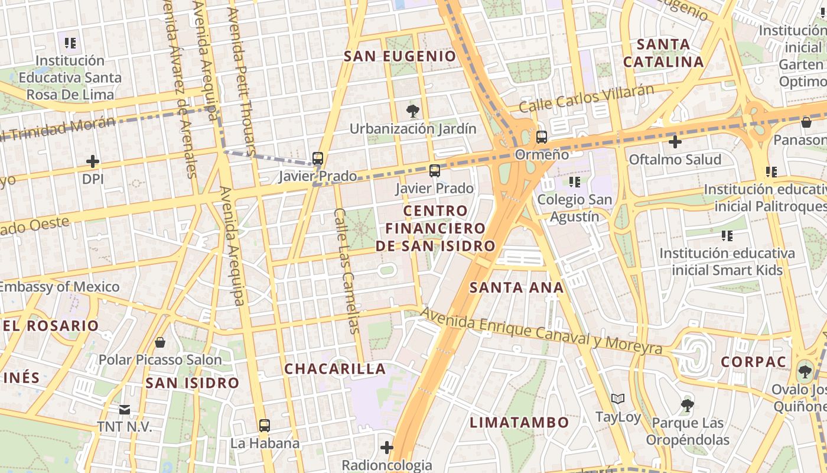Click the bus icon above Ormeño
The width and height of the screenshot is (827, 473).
tap(541, 137)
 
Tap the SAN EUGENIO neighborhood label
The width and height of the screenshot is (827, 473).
tap(400, 56)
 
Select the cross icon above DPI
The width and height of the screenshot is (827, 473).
tap(93, 161)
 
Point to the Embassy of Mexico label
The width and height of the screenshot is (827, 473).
tap(60, 287)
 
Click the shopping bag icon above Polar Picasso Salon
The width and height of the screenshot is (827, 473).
tap(159, 342)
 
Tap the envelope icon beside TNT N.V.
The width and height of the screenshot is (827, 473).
tap(125, 409)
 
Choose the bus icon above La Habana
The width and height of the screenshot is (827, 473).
tap(265, 425)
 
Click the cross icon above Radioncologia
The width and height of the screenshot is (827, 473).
tap(387, 448)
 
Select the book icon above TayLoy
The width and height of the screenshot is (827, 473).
tap(618, 399)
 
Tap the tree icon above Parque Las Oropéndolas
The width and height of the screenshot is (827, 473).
tap(687, 406)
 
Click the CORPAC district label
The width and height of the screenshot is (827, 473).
tap(753, 362)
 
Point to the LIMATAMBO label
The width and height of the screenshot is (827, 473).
tap(519, 422)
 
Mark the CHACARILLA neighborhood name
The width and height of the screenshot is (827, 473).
tap(335, 369)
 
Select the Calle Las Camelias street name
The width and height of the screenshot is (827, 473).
tap(347, 271)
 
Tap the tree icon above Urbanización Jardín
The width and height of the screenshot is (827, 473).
tap(413, 111)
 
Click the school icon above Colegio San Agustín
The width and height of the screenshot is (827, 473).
tap(574, 182)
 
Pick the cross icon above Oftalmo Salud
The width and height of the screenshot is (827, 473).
tap(675, 142)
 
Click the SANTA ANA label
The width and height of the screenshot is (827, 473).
tap(516, 288)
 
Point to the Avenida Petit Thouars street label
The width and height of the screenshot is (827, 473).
tap(242, 77)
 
